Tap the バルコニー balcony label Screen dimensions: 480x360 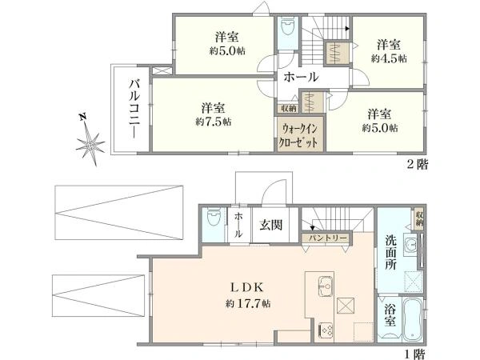tap(134, 109)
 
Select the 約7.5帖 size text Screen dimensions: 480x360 tap(214, 122)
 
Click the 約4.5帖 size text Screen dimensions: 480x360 tap(389, 58)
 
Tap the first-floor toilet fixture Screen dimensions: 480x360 tap(214, 218)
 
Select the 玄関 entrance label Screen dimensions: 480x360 tap(271, 225)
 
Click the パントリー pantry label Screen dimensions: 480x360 tap(327, 238)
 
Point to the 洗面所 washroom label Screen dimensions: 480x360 tap(390, 252)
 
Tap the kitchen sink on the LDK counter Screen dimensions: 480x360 tap(326, 286)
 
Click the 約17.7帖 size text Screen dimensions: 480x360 tap(248, 304)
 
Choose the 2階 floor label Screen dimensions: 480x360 tap(418, 165)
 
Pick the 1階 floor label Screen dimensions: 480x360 tap(414, 354)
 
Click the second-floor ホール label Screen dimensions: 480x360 tap(301, 77)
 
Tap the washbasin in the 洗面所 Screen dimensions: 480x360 tap(410, 244)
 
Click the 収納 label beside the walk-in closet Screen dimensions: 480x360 tap(288, 108)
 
